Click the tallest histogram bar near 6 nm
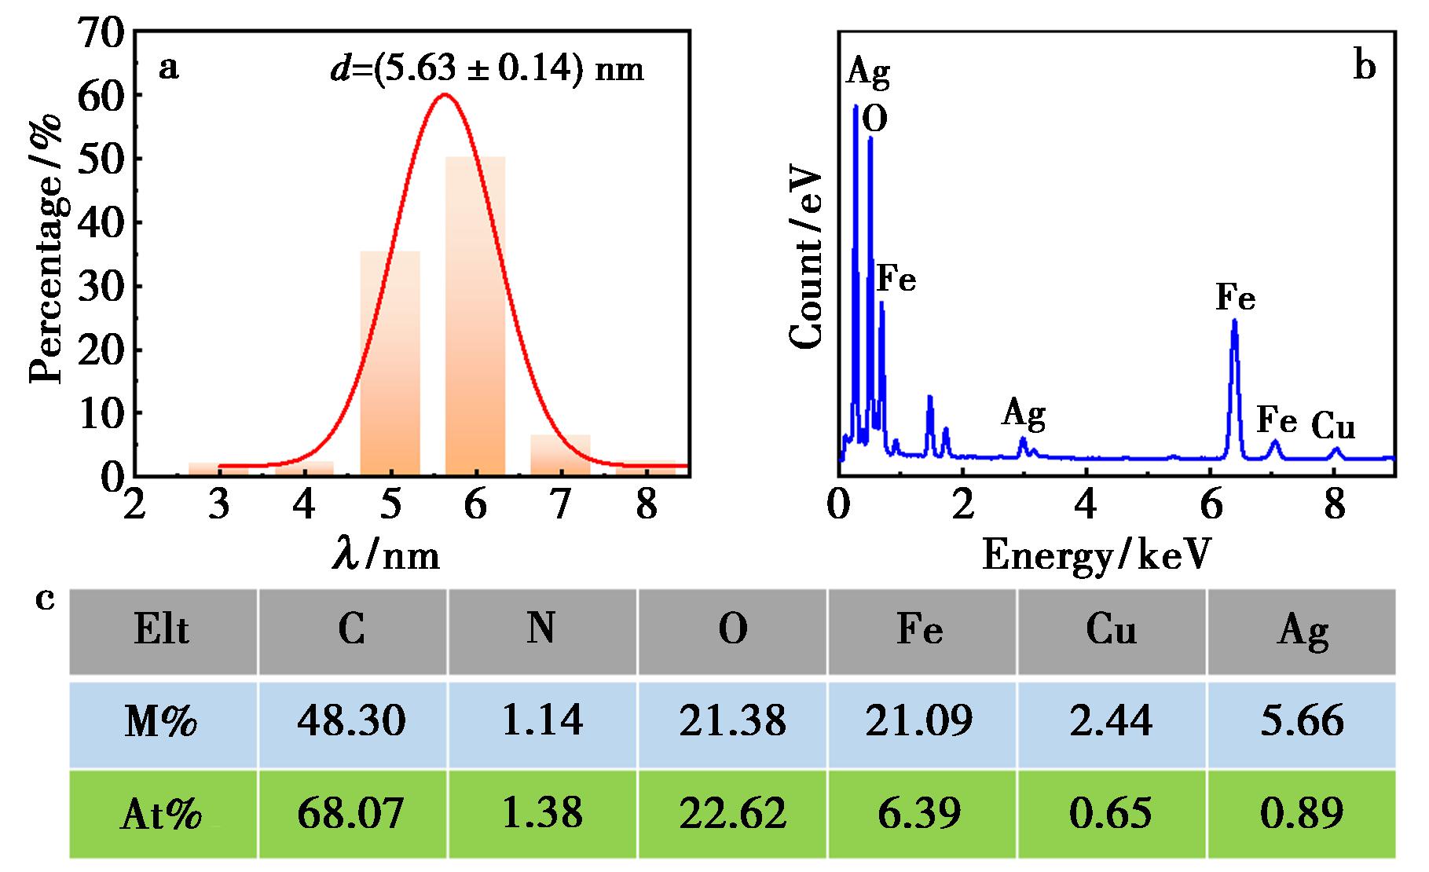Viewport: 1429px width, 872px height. pyautogui.click(x=475, y=314)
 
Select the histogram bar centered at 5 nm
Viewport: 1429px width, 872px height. pyautogui.click(x=390, y=361)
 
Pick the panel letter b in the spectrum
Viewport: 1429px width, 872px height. pyautogui.click(x=1365, y=68)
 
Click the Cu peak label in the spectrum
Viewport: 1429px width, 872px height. pyautogui.click(x=1333, y=427)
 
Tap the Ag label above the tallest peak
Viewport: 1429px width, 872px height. pyautogui.click(x=868, y=72)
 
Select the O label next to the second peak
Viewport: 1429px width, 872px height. pyautogui.click(x=875, y=120)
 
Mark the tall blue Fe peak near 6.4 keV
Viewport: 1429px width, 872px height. pyautogui.click(x=1234, y=377)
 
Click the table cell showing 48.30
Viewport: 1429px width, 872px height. pyautogui.click(x=351, y=721)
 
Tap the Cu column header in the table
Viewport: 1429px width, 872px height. pyautogui.click(x=1111, y=630)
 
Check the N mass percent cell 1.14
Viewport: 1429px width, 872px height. pyautogui.click(x=542, y=721)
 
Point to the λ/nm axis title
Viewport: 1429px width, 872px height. pyautogui.click(x=385, y=555)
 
